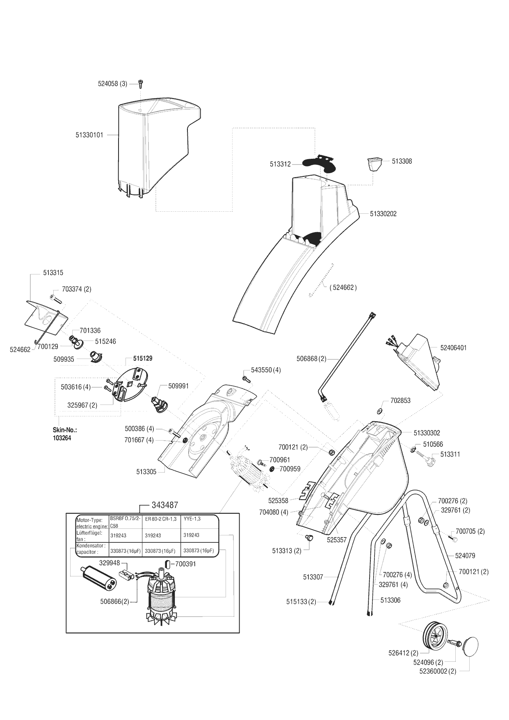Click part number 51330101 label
click(89, 135)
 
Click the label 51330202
click(383, 214)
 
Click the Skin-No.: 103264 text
click(65, 434)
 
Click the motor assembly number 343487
click(164, 505)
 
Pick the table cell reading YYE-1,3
click(192, 519)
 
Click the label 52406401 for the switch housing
click(453, 347)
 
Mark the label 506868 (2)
click(311, 359)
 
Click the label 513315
click(53, 272)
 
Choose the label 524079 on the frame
click(465, 555)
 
